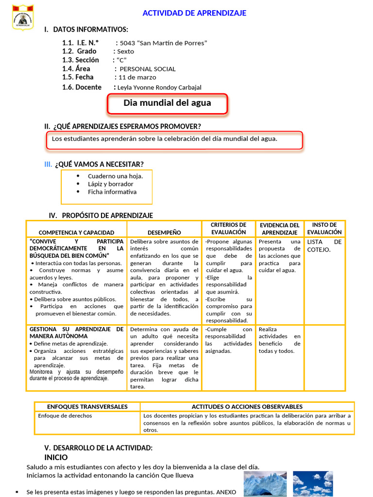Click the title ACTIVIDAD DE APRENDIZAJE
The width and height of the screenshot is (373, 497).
[194, 13]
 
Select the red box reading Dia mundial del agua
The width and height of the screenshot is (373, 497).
[167, 103]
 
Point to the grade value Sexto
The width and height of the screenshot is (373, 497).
[125, 51]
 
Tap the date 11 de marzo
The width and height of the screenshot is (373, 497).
[137, 77]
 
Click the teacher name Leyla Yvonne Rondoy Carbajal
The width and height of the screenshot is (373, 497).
[159, 87]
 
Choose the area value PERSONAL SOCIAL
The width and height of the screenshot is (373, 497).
[148, 69]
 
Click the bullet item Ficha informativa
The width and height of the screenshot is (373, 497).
[112, 192]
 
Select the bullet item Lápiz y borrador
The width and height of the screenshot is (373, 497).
[110, 184]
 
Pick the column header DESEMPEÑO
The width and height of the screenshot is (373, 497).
[164, 232]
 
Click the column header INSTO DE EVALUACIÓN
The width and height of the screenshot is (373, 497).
[324, 229]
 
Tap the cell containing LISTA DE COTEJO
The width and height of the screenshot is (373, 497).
[324, 246]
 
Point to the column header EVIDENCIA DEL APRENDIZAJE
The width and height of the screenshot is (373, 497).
[280, 229]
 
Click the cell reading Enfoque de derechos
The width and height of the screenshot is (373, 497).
[65, 416]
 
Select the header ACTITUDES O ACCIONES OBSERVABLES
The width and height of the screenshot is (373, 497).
[247, 407]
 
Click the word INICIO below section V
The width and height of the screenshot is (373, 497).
[56, 457]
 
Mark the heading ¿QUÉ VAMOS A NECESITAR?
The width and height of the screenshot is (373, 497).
[102, 164]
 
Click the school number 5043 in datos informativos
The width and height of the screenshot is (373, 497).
[128, 43]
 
